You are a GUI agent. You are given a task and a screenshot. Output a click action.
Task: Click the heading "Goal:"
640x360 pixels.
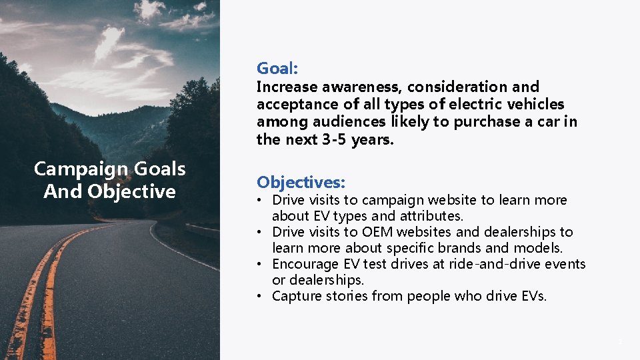tap(277, 68)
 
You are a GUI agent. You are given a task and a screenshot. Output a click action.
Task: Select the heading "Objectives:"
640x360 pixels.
tap(301, 182)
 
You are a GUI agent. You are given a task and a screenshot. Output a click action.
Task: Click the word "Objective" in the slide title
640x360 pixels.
tap(131, 192)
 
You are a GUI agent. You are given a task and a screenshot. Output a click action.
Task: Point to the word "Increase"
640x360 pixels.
tap(287, 87)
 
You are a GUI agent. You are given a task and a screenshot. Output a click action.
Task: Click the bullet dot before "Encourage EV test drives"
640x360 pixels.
tap(263, 265)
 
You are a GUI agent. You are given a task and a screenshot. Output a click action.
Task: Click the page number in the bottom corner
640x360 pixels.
tap(619, 342)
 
